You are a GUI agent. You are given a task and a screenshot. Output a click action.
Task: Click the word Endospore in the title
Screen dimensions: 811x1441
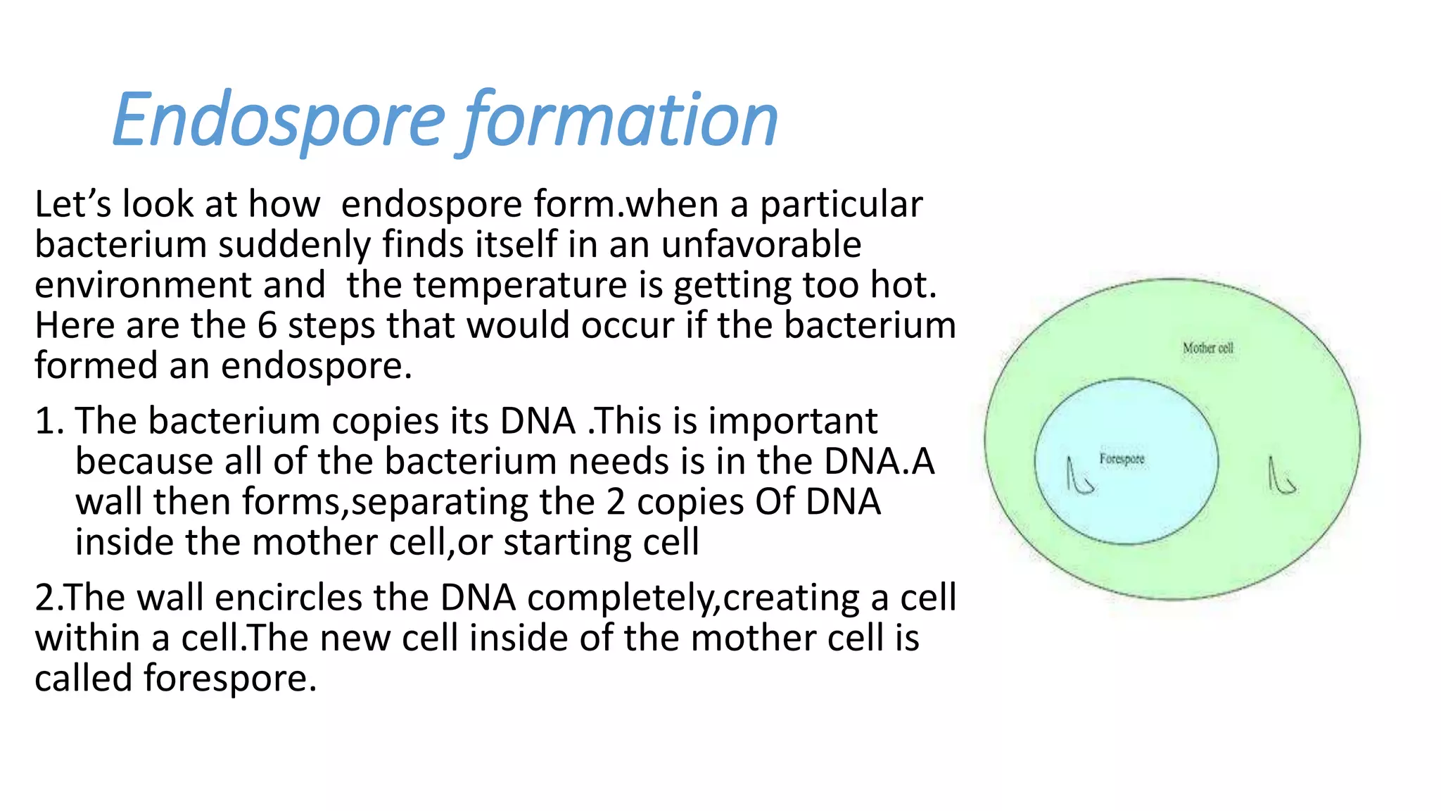tap(279, 121)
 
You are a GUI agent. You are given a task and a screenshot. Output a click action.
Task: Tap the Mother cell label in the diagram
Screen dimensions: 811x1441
tap(1207, 348)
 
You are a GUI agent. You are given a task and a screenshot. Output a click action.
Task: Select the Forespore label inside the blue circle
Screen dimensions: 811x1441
tap(1122, 459)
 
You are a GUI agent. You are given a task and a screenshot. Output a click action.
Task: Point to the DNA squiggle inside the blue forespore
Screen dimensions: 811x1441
tap(1079, 476)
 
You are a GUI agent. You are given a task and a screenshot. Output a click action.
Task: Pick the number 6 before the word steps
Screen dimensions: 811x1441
tap(267, 326)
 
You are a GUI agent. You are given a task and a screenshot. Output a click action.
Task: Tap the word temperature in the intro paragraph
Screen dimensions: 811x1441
tap(519, 286)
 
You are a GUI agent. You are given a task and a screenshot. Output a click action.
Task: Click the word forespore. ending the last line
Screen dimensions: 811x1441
tap(230, 679)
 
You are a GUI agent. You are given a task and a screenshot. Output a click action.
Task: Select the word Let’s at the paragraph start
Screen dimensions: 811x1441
tap(72, 205)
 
